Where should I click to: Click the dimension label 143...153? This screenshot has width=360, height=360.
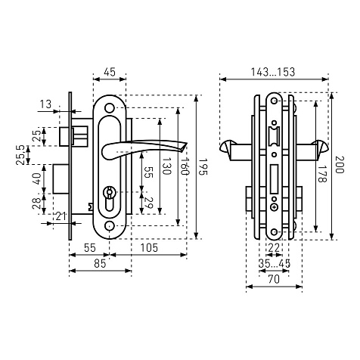tap(273, 72)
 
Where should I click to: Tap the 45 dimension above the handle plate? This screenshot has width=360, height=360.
tap(110, 72)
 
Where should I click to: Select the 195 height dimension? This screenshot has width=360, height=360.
tap(203, 167)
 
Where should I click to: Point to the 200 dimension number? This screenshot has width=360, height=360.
tap(340, 165)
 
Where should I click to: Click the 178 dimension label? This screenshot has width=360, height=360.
tap(322, 174)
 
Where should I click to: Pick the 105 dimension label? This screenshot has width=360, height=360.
tap(149, 248)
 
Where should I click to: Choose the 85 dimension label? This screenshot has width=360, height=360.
tap(100, 264)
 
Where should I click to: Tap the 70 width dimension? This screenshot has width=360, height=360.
tap(274, 279)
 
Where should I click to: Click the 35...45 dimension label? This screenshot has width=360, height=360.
tap(275, 264)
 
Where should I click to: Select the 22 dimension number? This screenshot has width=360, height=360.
tap(274, 248)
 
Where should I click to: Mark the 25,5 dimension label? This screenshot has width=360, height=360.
tap(20, 155)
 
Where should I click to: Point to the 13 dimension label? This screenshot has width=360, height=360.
tap(45, 104)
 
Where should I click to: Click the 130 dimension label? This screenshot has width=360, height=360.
tap(166, 166)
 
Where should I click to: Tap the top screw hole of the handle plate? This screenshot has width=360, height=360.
tap(110, 108)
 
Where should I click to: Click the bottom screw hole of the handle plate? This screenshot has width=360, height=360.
tap(110, 226)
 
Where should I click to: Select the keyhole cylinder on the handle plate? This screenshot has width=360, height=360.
tap(110, 199)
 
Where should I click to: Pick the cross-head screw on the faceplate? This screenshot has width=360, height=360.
tap(274, 207)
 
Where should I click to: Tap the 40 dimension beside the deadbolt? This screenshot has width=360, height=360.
tap(36, 178)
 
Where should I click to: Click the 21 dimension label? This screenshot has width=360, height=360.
tap(61, 216)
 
